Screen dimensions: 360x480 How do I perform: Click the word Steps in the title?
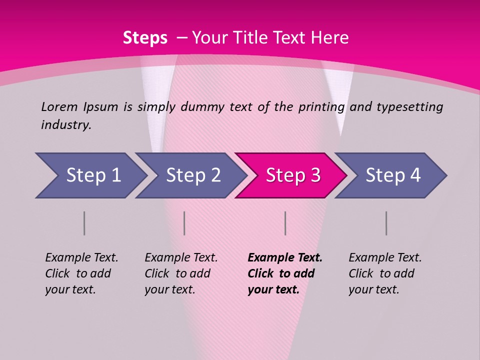click(x=145, y=38)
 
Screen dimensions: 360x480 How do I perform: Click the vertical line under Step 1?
click(x=84, y=223)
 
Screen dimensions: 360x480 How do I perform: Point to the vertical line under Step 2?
click(x=184, y=223)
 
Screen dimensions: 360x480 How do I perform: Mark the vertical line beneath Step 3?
click(x=285, y=223)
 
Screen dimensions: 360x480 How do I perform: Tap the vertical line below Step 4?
click(x=386, y=223)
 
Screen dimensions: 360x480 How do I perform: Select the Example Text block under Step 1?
click(x=81, y=273)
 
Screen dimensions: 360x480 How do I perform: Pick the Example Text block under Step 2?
click(x=181, y=273)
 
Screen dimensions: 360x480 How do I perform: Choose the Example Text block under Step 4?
click(x=385, y=273)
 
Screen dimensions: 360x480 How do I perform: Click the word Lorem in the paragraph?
click(x=59, y=106)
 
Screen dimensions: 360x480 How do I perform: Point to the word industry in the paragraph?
click(x=65, y=125)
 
